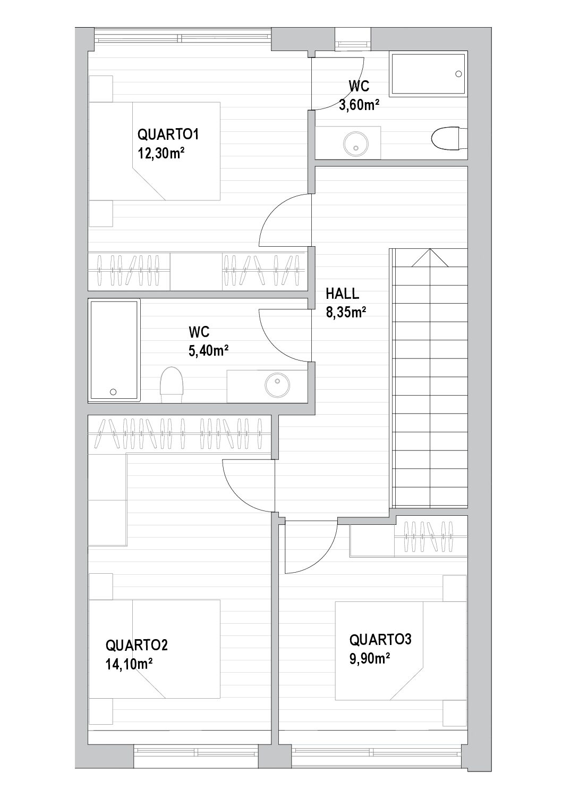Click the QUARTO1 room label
(x=168, y=135)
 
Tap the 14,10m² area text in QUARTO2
(x=129, y=664)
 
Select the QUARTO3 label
(x=380, y=639)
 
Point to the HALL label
(x=342, y=294)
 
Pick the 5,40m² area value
(x=208, y=351)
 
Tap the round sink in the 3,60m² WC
(x=356, y=144)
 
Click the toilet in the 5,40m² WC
(x=172, y=385)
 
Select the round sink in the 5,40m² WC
(x=277, y=384)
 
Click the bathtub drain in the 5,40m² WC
(x=113, y=392)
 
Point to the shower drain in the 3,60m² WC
(x=458, y=74)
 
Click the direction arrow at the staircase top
(x=430, y=258)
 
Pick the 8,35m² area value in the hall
(x=346, y=312)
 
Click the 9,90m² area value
(x=370, y=658)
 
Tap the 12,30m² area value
(x=161, y=154)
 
